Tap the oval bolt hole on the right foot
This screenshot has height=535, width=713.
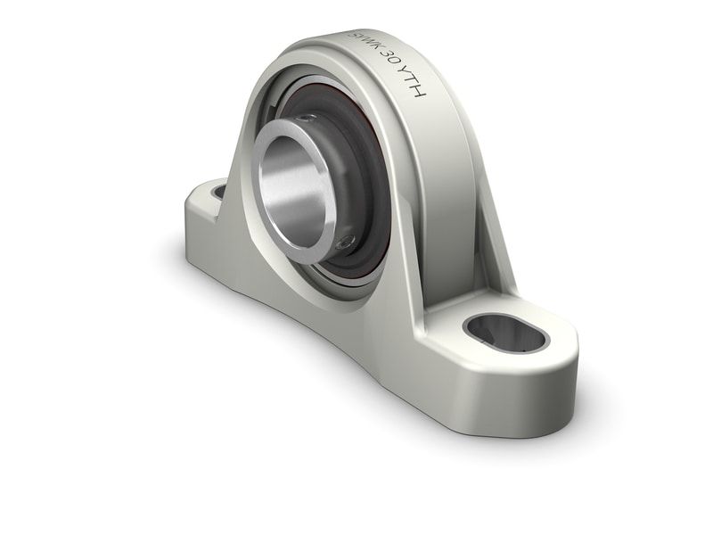point(505,333)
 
